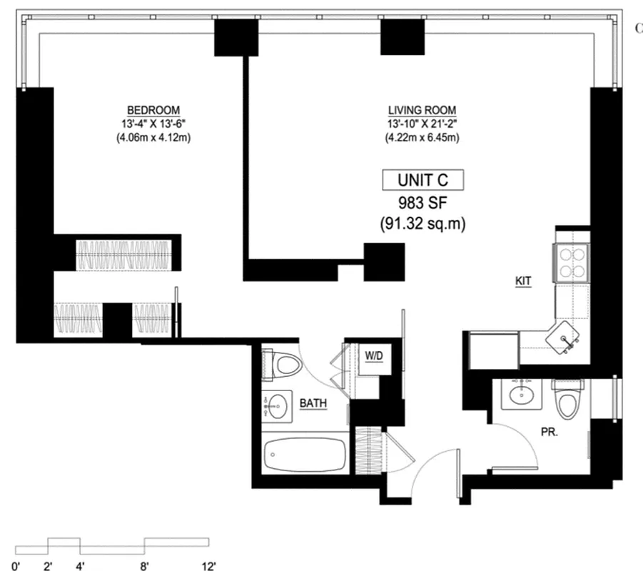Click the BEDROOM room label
(x=153, y=110)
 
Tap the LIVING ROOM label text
(x=422, y=110)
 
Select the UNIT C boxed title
(x=422, y=180)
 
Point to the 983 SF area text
(x=422, y=202)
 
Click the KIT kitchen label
(x=524, y=281)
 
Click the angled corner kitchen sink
(x=567, y=335)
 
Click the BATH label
(x=313, y=404)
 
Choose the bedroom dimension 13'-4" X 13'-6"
(x=153, y=123)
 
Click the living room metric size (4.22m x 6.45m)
(x=422, y=137)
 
